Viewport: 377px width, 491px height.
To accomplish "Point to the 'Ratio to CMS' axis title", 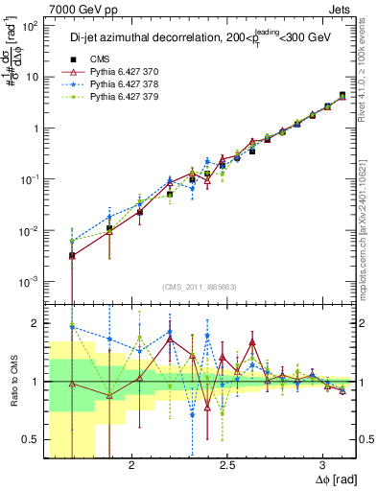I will click(12, 382).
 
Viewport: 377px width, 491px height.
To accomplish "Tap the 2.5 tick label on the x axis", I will click(227, 464).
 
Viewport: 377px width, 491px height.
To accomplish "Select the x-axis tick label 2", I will click(108, 464).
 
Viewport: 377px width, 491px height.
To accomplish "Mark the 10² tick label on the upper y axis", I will click(30, 26).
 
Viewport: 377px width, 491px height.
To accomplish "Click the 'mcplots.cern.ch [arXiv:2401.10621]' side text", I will click(369, 221).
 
